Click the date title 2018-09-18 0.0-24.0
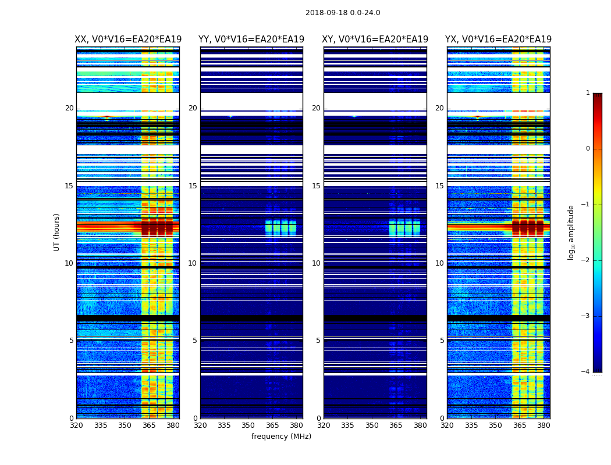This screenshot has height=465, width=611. tap(343, 13)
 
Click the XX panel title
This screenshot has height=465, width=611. tap(128, 40)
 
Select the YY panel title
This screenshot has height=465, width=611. tap(251, 40)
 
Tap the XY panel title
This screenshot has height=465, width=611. tap(375, 40)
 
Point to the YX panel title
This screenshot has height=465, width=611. tap(499, 40)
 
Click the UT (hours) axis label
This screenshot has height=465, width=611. tap(57, 232)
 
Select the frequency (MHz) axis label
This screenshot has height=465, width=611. tap(281, 437)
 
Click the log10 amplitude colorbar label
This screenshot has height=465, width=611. tap(571, 232)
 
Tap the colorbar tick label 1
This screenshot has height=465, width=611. tap(587, 93)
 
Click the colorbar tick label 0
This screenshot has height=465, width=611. tap(587, 149)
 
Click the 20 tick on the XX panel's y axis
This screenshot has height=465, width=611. tap(69, 108)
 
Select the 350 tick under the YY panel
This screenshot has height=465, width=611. tap(248, 426)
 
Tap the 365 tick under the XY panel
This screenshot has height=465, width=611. tap(396, 426)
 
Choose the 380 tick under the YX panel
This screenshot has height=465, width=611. tap(543, 426)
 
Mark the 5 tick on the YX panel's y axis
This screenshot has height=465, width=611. tap(442, 341)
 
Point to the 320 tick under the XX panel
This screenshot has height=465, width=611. tap(77, 426)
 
